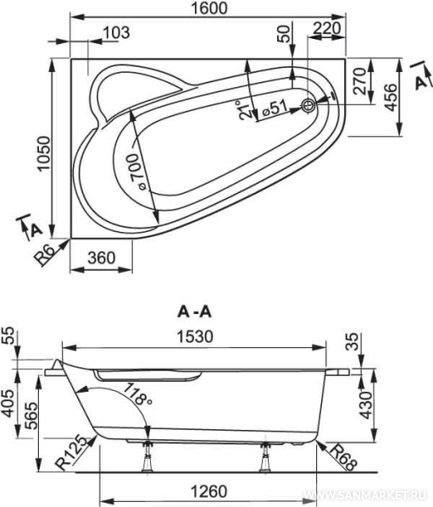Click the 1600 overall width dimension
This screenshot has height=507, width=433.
click(x=208, y=8)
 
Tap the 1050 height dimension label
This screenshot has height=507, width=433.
click(x=44, y=153)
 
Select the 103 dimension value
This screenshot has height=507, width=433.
click(x=116, y=33)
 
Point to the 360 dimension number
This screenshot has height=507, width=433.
click(x=102, y=258)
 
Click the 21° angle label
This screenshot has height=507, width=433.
click(x=245, y=110)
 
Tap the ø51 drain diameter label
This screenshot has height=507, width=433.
click(x=275, y=108)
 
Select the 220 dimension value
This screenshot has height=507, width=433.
click(x=327, y=28)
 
